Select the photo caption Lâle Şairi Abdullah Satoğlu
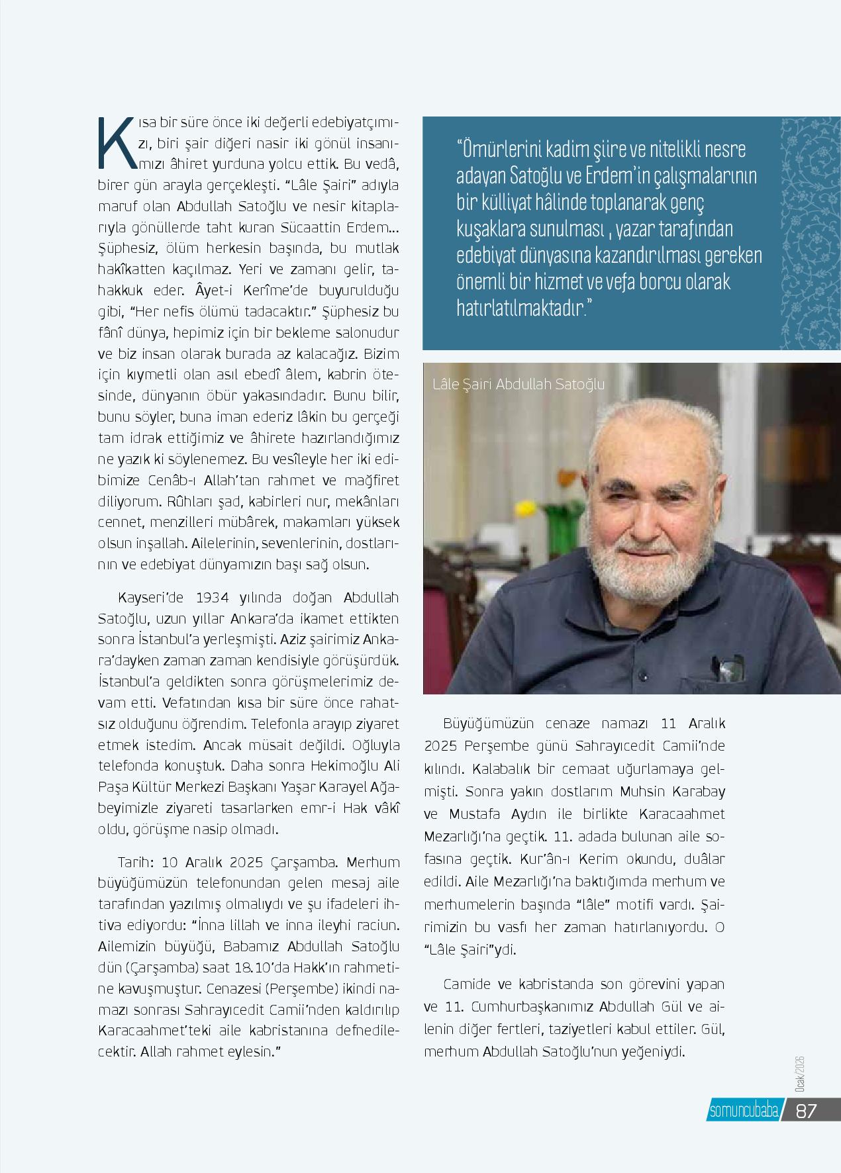518,384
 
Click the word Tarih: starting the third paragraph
136,863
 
